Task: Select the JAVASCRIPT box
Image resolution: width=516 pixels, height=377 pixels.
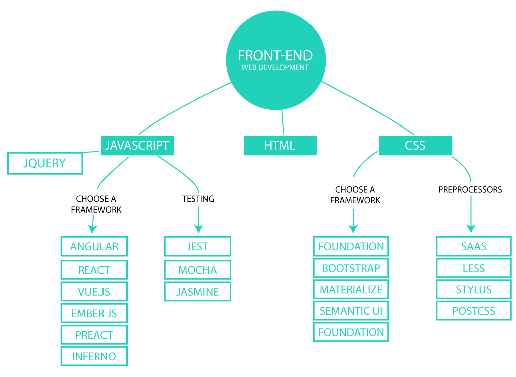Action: (x=137, y=146)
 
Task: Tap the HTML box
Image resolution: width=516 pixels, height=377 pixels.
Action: (x=280, y=146)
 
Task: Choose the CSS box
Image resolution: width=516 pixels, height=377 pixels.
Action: (x=415, y=146)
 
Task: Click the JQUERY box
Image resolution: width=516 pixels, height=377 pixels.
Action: (x=45, y=163)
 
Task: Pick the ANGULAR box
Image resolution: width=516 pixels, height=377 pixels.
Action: (x=94, y=246)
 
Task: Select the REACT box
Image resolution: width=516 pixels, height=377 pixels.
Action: (x=94, y=270)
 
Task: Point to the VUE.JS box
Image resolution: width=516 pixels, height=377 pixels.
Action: (x=94, y=291)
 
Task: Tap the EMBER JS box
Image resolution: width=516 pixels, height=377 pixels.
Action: (x=94, y=313)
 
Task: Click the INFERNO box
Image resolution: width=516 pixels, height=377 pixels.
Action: (x=94, y=356)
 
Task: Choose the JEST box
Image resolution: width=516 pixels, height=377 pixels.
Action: (x=197, y=246)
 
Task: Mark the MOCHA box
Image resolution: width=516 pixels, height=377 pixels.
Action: (x=197, y=270)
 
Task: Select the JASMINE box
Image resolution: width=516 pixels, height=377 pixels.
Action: (x=197, y=291)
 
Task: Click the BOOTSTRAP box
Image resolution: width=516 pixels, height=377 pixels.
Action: (x=351, y=268)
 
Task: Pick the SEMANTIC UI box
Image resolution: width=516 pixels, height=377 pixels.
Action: (x=351, y=311)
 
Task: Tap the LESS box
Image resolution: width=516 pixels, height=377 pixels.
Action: (x=473, y=268)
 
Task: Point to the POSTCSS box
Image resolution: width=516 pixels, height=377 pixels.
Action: (x=473, y=311)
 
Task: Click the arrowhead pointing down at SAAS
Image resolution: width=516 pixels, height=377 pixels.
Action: (x=471, y=228)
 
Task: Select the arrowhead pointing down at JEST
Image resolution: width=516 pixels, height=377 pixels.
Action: (x=198, y=229)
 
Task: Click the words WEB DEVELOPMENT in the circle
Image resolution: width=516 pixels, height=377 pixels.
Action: (x=275, y=67)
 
